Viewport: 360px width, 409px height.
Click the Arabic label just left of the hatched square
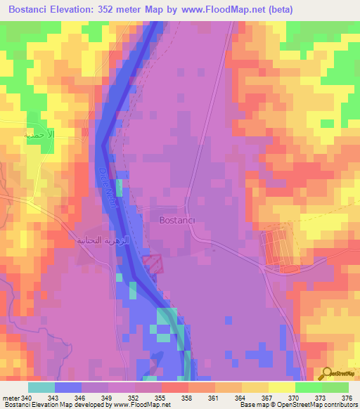[102, 240]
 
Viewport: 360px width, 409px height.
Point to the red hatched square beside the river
[153, 265]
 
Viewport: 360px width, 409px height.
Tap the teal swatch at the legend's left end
[41, 387]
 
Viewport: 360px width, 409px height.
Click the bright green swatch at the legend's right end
[335, 387]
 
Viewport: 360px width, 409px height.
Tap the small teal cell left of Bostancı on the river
[119, 188]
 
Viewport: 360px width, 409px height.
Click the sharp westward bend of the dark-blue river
[103, 145]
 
